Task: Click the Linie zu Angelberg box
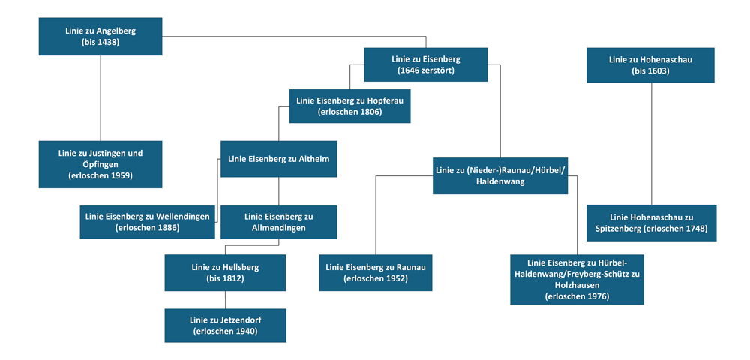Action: coord(100,37)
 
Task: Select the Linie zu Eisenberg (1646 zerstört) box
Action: coord(425,64)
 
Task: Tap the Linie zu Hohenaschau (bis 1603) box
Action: coord(650,64)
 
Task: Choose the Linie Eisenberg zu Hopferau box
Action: coord(349,106)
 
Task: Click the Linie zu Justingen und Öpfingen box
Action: coord(100,164)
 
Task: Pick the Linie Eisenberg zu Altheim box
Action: coord(278,159)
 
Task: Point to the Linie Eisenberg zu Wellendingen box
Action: coord(147,221)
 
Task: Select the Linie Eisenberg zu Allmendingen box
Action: coord(278,222)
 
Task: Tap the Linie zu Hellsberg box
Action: coord(225,272)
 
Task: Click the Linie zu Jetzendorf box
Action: coord(225,325)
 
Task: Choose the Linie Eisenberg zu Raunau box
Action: coord(375,272)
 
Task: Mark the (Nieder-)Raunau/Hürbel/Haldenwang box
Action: coord(499,175)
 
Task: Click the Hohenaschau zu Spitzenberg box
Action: coord(651,223)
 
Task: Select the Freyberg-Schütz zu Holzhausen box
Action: coord(577,279)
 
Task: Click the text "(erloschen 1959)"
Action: coord(100,175)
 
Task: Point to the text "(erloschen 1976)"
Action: coord(577,296)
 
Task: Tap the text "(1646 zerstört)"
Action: coord(425,70)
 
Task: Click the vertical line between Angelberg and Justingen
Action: coord(100,97)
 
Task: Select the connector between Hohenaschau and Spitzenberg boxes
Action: coord(651,142)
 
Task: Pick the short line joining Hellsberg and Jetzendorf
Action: coord(225,299)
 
